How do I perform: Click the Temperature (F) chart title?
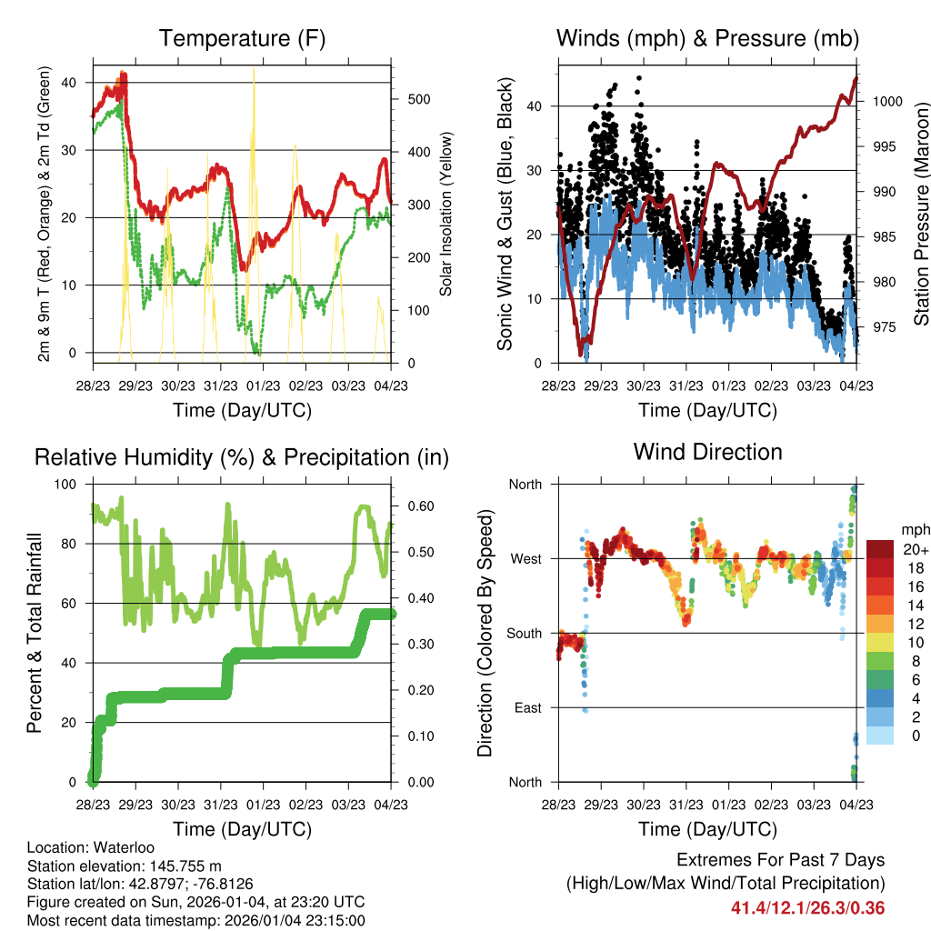(x=242, y=39)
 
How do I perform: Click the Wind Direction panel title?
(x=707, y=452)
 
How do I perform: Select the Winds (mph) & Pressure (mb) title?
(x=707, y=39)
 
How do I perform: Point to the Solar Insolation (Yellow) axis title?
(x=445, y=215)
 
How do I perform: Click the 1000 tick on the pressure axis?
(x=887, y=102)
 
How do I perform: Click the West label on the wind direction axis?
(x=525, y=559)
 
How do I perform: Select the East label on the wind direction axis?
(x=526, y=708)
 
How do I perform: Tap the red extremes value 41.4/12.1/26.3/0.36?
(x=807, y=908)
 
